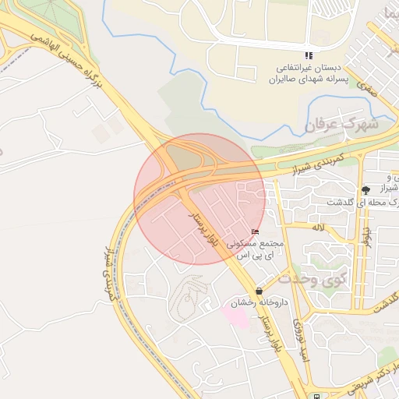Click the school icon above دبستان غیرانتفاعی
[x=309, y=55]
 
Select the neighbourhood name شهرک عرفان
[x=341, y=123]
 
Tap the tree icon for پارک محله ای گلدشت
[x=365, y=189]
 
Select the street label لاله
[x=317, y=228]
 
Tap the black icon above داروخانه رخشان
[x=258, y=291]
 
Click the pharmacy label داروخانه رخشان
[x=258, y=302]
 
